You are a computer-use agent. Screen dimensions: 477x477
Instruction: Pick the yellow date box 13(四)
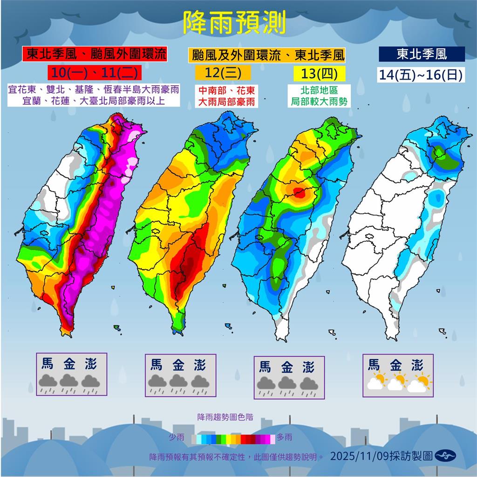click(x=320, y=73)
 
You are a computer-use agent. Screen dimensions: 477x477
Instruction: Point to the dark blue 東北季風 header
click(x=422, y=54)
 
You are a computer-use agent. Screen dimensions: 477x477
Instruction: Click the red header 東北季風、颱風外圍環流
click(x=95, y=54)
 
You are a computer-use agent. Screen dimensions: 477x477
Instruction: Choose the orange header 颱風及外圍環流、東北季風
click(x=267, y=55)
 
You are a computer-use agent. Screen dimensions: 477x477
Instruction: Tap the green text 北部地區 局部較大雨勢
click(x=320, y=95)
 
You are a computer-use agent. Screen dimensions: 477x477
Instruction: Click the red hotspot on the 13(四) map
click(x=300, y=192)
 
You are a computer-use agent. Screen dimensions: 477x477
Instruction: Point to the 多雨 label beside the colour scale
click(x=285, y=437)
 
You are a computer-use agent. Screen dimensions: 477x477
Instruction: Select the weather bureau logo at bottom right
click(x=445, y=456)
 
